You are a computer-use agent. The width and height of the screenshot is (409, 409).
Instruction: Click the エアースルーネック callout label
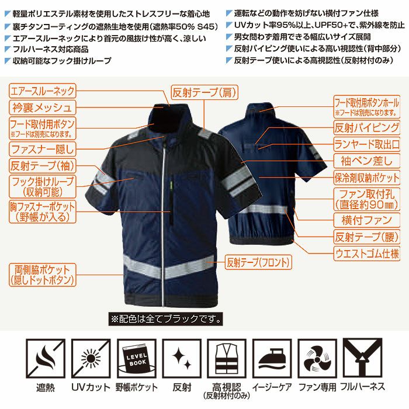click(x=43, y=91)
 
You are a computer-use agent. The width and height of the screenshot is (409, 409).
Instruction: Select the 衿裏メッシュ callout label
click(x=43, y=108)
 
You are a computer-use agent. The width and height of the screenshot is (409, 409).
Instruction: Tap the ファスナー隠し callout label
click(x=43, y=147)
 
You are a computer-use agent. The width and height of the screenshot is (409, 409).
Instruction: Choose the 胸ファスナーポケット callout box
click(x=43, y=212)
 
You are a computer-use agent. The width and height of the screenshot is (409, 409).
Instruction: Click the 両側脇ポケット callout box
click(x=43, y=275)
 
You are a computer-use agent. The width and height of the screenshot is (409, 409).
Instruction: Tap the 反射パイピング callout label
click(x=367, y=126)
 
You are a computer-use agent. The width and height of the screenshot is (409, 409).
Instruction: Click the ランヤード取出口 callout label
click(x=367, y=143)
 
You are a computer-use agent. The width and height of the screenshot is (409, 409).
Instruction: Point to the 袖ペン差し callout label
click(x=367, y=159)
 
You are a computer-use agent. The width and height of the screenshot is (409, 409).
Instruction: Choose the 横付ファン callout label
click(x=367, y=220)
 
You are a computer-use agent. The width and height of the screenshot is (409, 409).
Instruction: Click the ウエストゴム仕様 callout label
click(x=367, y=254)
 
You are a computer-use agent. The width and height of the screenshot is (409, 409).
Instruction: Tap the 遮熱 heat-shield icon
click(x=45, y=358)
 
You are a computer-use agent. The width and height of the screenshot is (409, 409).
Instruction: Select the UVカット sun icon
click(x=91, y=358)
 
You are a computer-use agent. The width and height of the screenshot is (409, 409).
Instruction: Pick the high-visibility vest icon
click(x=227, y=358)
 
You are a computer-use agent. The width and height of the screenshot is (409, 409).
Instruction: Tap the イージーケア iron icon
click(x=273, y=358)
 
